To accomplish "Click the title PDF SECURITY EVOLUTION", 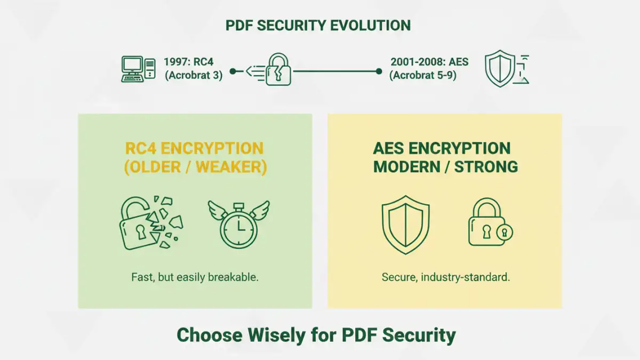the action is click(318, 26).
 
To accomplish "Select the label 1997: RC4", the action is click(188, 62).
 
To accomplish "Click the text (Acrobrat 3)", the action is click(194, 75).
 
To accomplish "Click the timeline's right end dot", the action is click(379, 71).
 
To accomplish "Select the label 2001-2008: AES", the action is click(429, 62).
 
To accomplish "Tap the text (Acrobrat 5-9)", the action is click(423, 75).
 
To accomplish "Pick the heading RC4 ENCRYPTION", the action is click(195, 148).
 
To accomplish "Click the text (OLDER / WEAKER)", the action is click(195, 166).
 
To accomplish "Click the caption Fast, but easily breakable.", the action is click(195, 277).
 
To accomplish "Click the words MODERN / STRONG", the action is click(445, 166).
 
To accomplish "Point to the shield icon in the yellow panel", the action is click(406, 224).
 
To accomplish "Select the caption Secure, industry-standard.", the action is click(445, 277).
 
